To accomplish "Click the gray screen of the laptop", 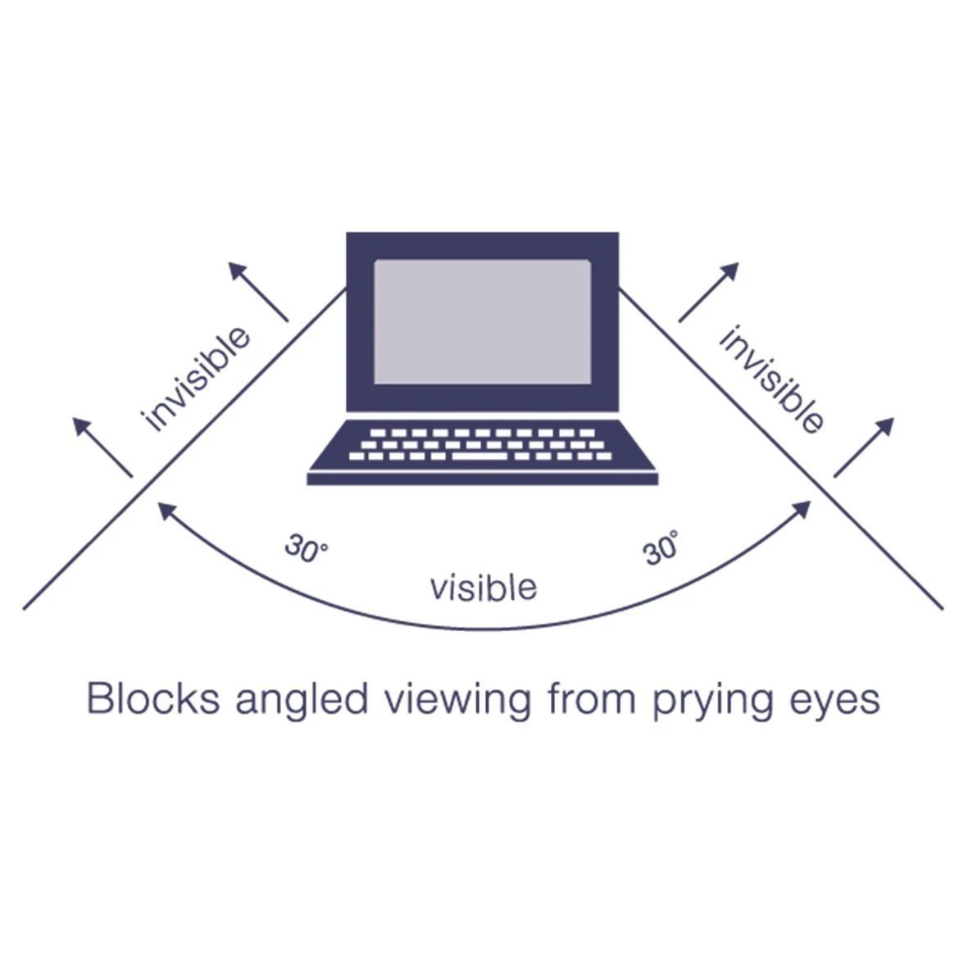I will point(482,321).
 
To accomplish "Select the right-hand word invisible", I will point(770,379).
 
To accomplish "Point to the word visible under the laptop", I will point(484,588).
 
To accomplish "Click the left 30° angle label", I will point(306,549).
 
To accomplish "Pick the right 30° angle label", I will point(661,548).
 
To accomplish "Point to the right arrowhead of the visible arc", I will point(802,509).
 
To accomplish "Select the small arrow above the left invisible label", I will point(257,291).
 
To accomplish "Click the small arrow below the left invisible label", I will point(102,447).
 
